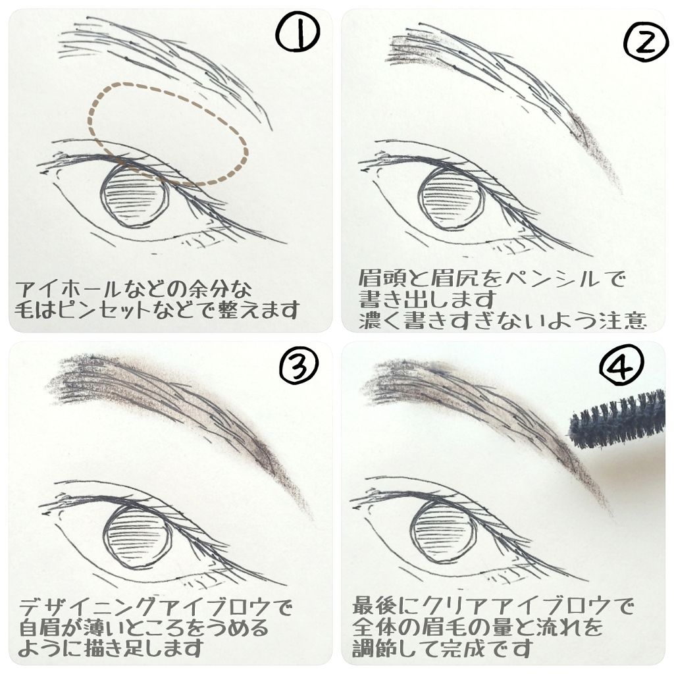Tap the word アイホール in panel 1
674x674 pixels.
click(57, 289)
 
